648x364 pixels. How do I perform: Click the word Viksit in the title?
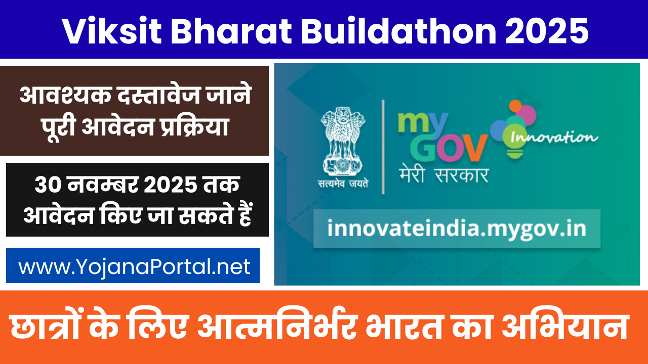click(x=111, y=31)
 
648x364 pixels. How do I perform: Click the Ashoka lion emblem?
click(x=343, y=141)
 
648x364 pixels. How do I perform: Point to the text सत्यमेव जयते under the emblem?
click(x=343, y=184)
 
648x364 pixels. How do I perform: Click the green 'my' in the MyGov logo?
click(x=422, y=124)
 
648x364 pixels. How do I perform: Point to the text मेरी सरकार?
click(x=444, y=175)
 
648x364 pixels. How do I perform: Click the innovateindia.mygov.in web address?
click(x=457, y=229)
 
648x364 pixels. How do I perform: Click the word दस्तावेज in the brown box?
click(x=158, y=94)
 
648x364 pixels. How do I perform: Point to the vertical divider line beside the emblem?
click(x=383, y=147)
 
